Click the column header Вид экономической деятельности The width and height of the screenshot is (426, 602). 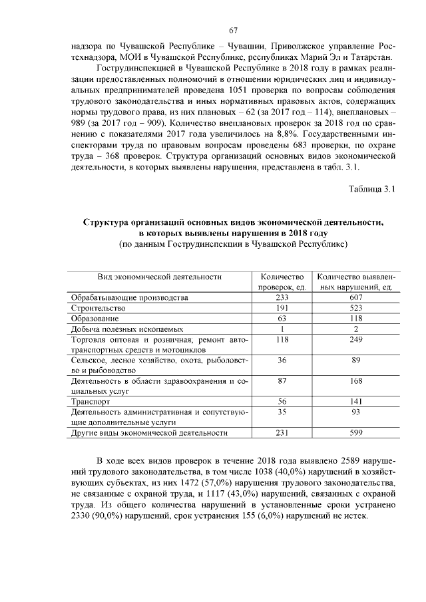point(159,276)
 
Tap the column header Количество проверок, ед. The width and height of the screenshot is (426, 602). point(282,281)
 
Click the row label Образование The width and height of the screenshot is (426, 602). point(96,319)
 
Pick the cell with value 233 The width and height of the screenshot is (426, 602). point(282,298)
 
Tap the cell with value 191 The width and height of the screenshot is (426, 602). point(282,308)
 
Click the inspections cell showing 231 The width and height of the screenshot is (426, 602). point(282,432)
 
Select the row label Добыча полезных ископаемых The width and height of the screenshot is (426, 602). point(126,329)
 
